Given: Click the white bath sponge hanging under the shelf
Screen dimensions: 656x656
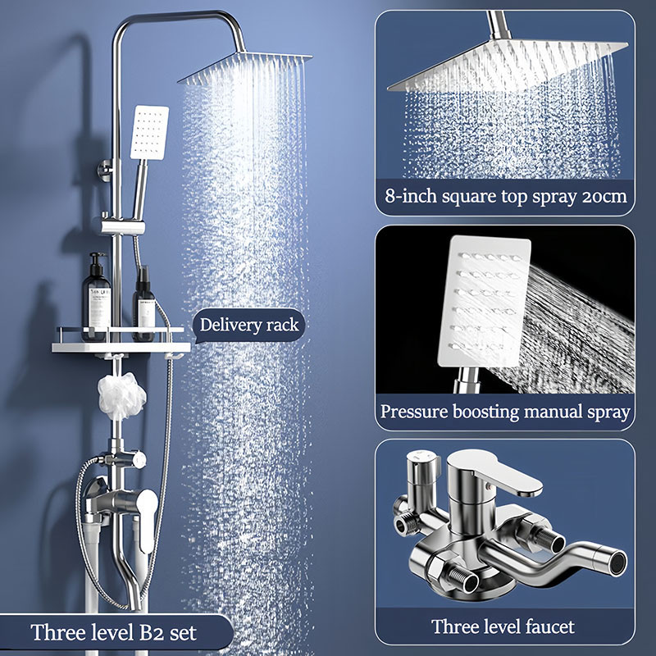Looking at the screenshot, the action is point(121,395).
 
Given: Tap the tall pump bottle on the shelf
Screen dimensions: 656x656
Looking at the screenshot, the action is point(96,297).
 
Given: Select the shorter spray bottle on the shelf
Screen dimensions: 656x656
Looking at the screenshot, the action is point(144,304).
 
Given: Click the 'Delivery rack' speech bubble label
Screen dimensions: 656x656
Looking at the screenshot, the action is point(249,325).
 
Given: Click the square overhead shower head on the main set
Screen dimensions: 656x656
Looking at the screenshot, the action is point(245,67).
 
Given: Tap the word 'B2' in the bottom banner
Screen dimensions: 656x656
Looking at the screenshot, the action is point(150,632).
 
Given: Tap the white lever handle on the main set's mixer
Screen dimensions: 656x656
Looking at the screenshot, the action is point(147,521).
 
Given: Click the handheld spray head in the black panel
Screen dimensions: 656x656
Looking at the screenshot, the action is point(485,302).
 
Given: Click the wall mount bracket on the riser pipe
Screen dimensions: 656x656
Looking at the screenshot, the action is point(107,170).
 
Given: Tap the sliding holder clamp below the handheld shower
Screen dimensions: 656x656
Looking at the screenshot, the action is point(123,226).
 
